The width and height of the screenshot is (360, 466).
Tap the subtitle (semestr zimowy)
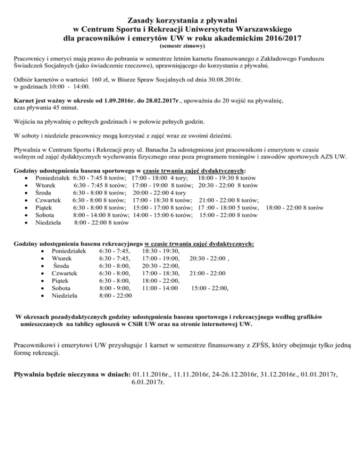pyautogui.click(x=180, y=46)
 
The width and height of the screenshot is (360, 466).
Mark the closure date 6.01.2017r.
pyautogui.click(x=145, y=382)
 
